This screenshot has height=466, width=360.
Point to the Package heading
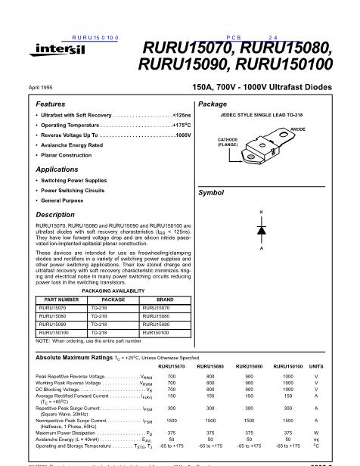(x=213, y=103)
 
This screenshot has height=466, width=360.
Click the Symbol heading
(x=211, y=193)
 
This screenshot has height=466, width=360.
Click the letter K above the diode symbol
(x=262, y=210)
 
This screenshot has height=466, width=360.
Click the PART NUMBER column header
(x=55, y=299)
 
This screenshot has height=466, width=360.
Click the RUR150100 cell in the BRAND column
(x=155, y=331)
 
